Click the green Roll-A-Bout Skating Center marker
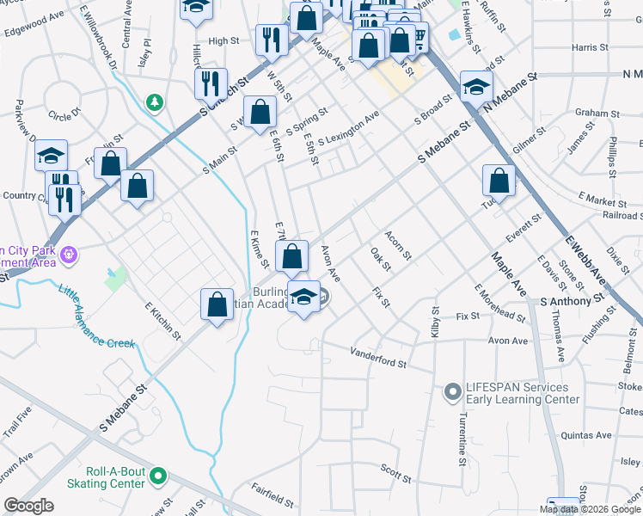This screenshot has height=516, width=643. (157, 475)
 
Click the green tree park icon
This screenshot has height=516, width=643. (155, 103)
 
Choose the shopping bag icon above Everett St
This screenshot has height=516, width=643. (499, 181)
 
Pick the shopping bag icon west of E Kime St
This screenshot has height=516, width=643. (217, 304)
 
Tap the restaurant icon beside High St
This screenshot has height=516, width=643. (270, 40)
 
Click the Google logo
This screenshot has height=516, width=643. (28, 506)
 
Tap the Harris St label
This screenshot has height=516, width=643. (589, 47)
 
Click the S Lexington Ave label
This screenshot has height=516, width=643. (348, 129)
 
